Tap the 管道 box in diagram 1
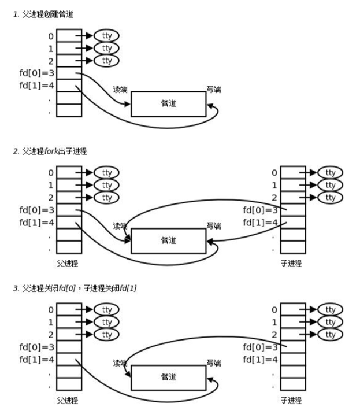pyautogui.click(x=168, y=103)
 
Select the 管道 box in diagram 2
pyautogui.click(x=168, y=240)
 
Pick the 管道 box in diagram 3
pyautogui.click(x=168, y=377)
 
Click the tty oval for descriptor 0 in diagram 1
pyautogui.click(x=106, y=35)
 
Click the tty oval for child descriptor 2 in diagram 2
pyautogui.click(x=330, y=198)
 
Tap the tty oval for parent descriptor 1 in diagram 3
pyautogui.click(x=106, y=322)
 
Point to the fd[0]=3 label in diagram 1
pyautogui.click(x=36, y=73)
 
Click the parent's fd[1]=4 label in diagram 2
pyautogui.click(x=36, y=223)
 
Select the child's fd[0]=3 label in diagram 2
pyautogui.click(x=261, y=210)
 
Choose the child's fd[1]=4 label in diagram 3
pyautogui.click(x=259, y=360)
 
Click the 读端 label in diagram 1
pyautogui.click(x=120, y=90)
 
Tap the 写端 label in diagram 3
pyautogui.click(x=214, y=364)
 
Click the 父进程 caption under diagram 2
pyautogui.click(x=67, y=262)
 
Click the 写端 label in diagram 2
pyautogui.click(x=214, y=227)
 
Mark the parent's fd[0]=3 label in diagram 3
pyautogui.click(x=36, y=347)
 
